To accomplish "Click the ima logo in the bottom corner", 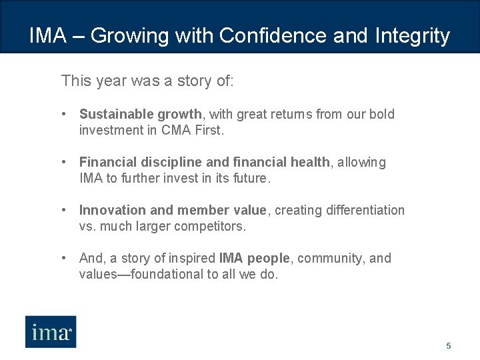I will [x=51, y=331].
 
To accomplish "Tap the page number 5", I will [x=449, y=346].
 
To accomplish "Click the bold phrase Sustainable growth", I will [x=140, y=114].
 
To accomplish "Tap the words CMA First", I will [x=192, y=131].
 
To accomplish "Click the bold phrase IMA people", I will [x=254, y=258].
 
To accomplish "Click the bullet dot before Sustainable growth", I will [x=64, y=114].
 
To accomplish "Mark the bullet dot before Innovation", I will [x=64, y=210].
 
